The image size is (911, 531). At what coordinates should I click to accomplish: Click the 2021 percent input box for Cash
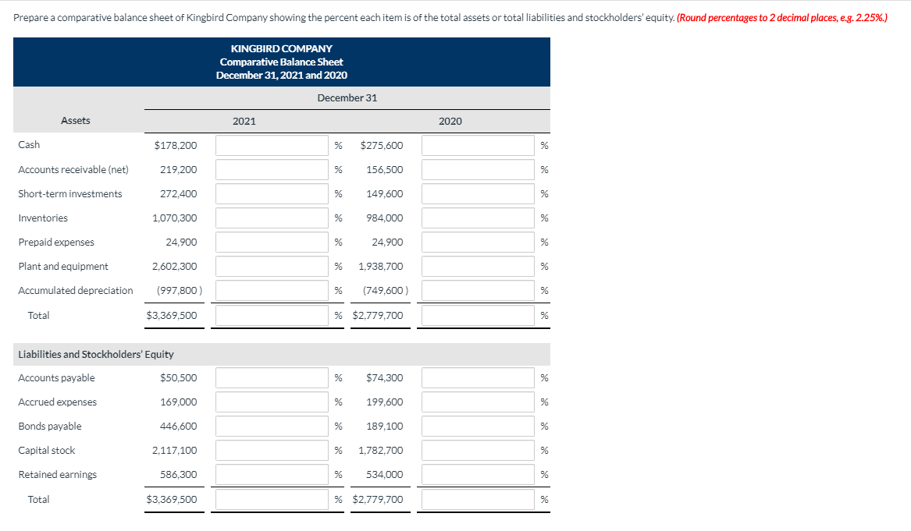point(272,145)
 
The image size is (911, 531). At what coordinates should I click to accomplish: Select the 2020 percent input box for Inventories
point(478,218)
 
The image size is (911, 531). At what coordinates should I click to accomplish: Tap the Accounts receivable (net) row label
point(73,170)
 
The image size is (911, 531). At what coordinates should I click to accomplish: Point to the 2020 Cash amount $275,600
point(382,145)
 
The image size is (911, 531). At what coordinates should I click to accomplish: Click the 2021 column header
point(244,121)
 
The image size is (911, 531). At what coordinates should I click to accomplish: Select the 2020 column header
point(450,121)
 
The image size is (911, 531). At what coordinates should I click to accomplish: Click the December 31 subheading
point(347,97)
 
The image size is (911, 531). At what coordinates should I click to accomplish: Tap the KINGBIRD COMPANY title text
point(281,48)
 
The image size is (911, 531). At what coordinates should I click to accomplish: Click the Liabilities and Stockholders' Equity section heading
point(96,355)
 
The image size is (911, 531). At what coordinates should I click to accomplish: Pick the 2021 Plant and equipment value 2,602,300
point(175,267)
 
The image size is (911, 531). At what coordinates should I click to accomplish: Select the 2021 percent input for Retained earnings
point(272,475)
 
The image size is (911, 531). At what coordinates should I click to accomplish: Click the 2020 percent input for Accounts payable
point(478,378)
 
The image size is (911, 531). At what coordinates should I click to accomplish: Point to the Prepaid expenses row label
point(56,242)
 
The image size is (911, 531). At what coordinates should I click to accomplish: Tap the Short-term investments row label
point(70,194)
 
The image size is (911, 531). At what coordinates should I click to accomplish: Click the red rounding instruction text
point(782,17)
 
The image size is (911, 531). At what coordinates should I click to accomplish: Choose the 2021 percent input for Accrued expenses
point(272,402)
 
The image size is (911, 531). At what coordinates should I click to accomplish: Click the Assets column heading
point(76,121)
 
